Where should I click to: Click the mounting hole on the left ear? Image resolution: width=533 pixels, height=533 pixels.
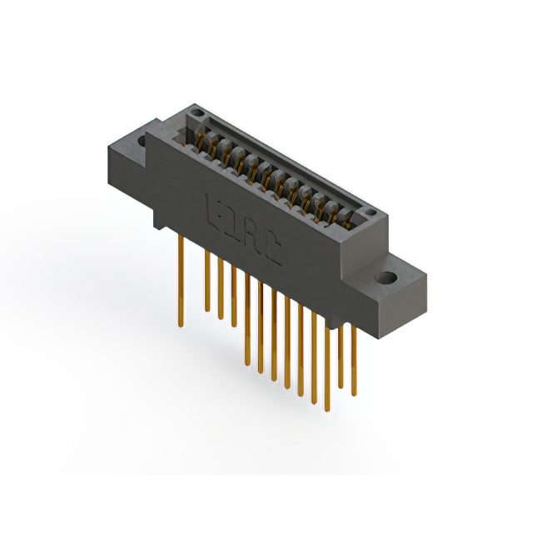tap(142, 142)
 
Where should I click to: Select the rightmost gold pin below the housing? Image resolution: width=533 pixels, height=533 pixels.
tap(354, 358)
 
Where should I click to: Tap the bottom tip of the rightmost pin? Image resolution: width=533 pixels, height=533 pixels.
tap(354, 394)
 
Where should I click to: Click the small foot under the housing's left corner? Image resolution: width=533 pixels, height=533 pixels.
tap(159, 218)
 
